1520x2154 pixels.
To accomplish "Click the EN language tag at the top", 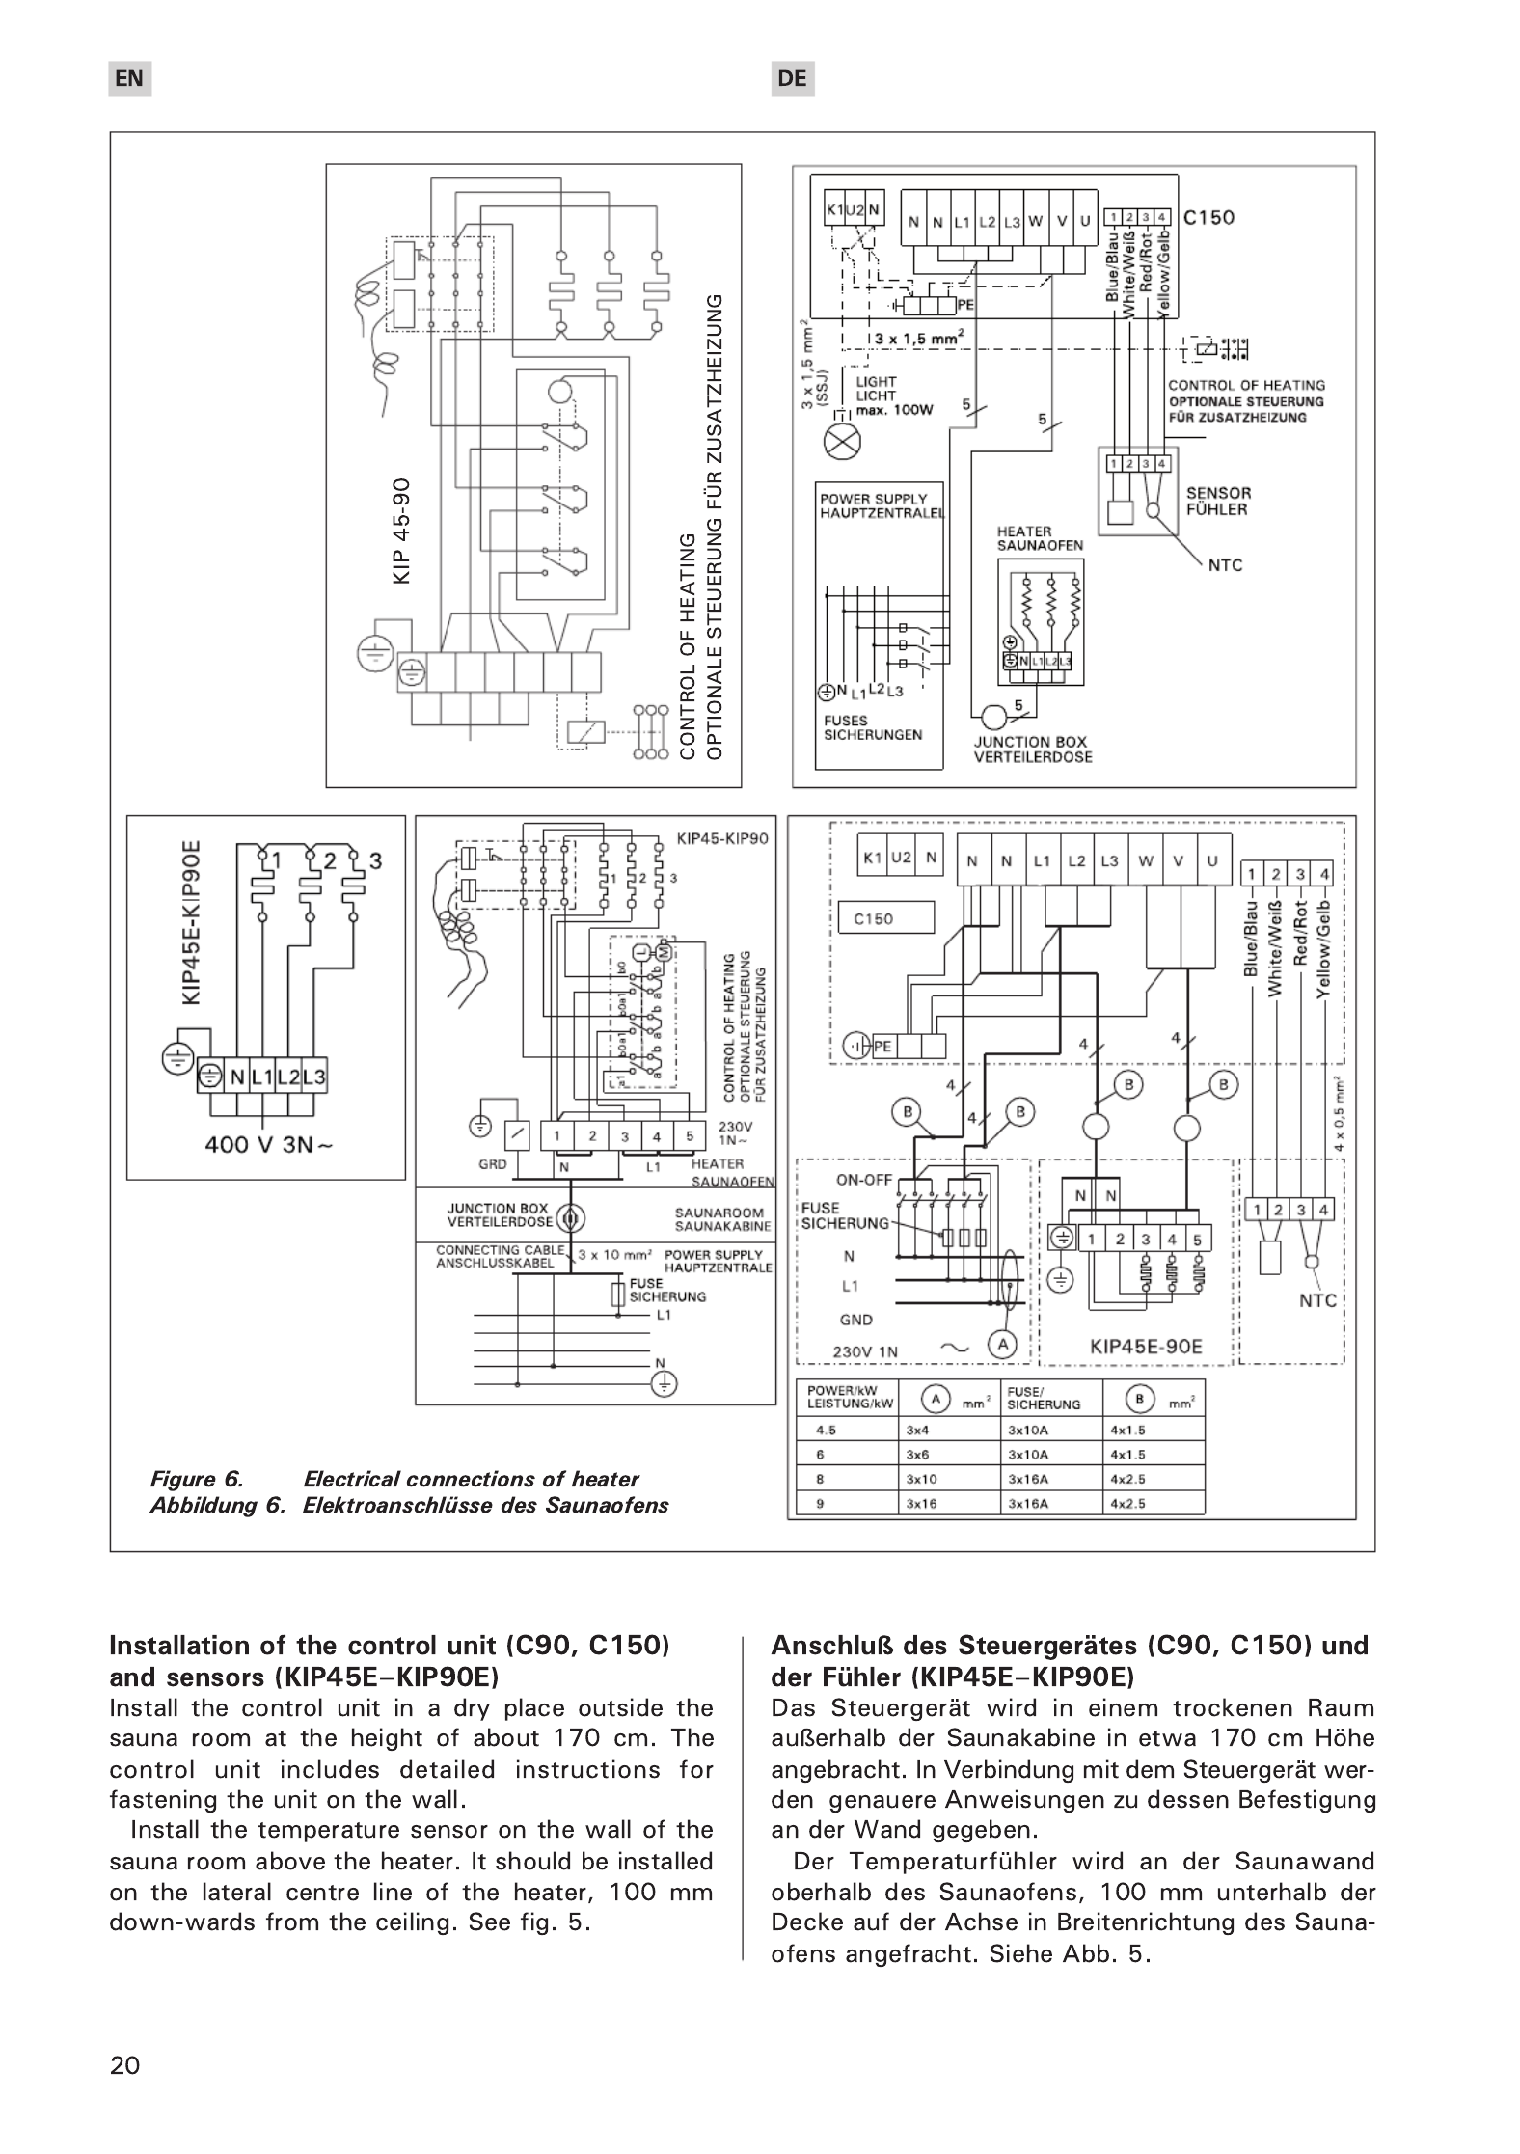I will (129, 79).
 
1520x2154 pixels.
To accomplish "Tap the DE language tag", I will (792, 79).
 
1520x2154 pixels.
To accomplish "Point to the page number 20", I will (125, 2064).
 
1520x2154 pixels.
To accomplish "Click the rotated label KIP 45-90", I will (402, 530).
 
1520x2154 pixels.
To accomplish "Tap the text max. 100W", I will (894, 410).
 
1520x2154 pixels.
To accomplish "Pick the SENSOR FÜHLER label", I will (1217, 501).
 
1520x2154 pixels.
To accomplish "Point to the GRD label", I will (492, 1164).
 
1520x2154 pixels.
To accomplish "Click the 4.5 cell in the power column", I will (825, 1430).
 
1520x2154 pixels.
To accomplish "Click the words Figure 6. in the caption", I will (197, 1479).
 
